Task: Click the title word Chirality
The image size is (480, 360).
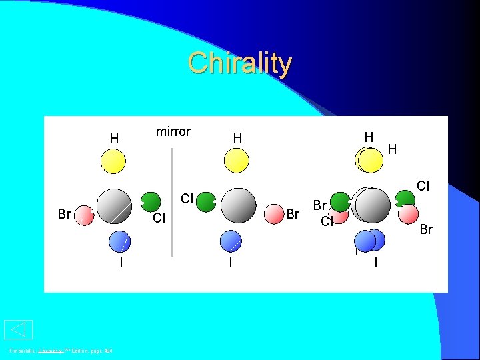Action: coord(239,63)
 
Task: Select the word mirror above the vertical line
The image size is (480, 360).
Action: coord(173,131)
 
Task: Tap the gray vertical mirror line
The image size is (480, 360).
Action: coord(172,200)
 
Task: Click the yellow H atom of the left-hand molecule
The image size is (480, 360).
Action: coord(113,161)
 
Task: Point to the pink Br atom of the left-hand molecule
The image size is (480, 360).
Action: coord(84,215)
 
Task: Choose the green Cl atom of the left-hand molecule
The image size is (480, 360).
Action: coord(151,202)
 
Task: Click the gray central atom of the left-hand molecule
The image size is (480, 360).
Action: coord(114,205)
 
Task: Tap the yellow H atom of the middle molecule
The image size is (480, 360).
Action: coord(237,161)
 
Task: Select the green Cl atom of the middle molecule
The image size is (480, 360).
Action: coord(205,202)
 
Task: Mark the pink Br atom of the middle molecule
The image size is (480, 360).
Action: coord(273,213)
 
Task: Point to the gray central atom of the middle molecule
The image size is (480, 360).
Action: coord(238,205)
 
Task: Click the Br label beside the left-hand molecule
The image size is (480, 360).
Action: coord(65,215)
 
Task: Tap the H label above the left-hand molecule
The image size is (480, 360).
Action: coord(115,139)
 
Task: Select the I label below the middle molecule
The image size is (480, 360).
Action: coord(230,262)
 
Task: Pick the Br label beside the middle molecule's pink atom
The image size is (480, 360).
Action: coord(292,214)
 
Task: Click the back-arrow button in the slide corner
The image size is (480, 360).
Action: coord(18,329)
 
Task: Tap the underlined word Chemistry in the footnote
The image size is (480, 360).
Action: coord(50,351)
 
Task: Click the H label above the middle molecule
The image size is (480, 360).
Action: coord(237,138)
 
